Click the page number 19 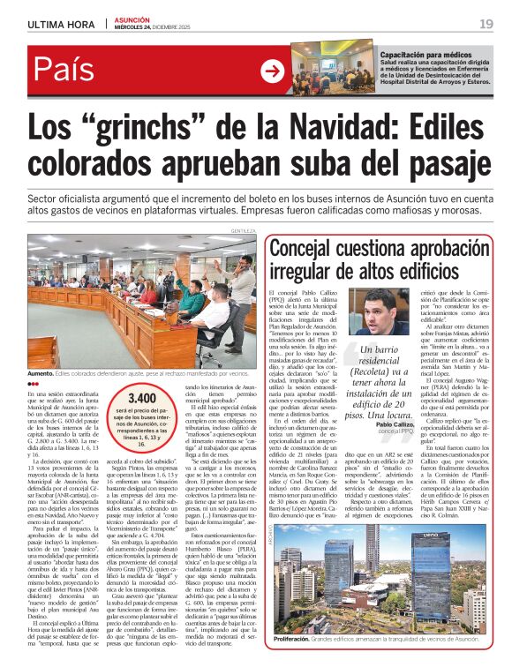pos(486,24)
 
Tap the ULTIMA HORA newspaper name pos(61,24)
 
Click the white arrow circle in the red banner pos(274,71)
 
